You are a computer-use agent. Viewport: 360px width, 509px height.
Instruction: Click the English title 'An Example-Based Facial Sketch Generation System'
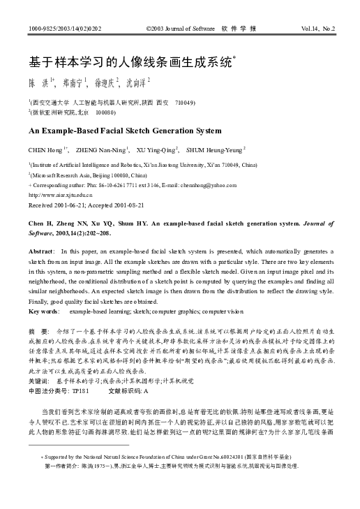[115, 130]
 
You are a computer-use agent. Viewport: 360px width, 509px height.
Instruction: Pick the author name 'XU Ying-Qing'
[156, 149]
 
